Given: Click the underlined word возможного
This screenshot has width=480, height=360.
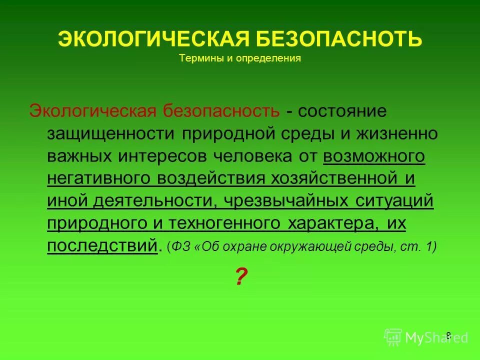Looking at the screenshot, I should click(374, 156).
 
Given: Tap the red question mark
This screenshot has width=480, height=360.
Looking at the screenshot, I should click(241, 276).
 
